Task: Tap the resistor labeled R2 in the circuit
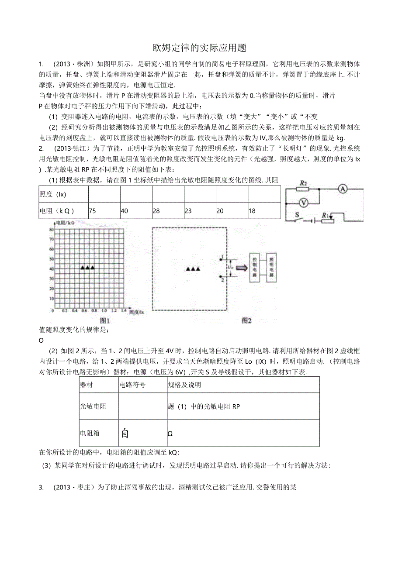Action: pos(302,189)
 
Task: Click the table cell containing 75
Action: pos(104,210)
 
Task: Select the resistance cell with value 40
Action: pos(135,210)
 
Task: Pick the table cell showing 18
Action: pos(264,210)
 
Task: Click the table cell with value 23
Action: pos(200,210)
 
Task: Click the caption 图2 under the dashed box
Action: pos(247,320)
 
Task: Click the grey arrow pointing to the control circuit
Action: pos(240,268)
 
